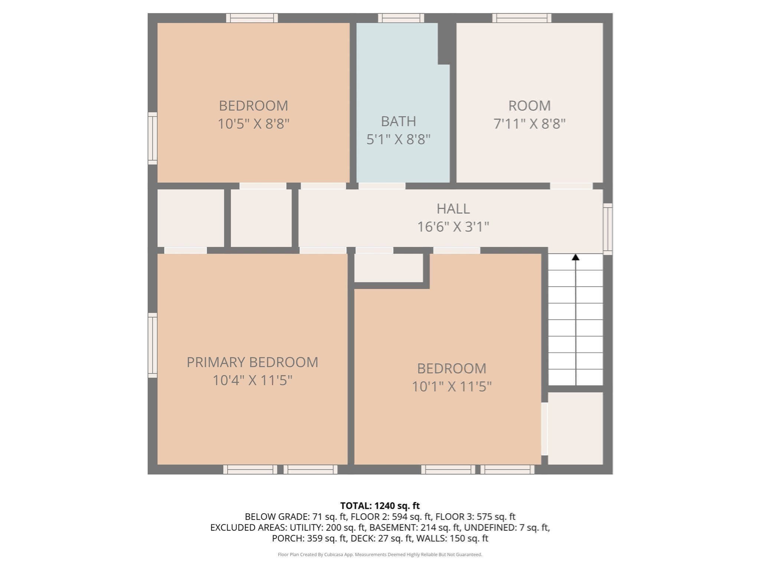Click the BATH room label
[x=398, y=121]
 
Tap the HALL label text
[x=453, y=209]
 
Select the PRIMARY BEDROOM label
[x=252, y=362]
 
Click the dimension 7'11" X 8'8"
[x=529, y=124]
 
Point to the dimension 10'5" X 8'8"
[x=253, y=124]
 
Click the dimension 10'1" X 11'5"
[x=452, y=387]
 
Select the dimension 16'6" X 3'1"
[x=453, y=227]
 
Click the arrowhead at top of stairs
[x=575, y=257]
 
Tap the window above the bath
[x=401, y=18]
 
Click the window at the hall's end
[x=607, y=229]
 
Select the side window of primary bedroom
[x=153, y=345]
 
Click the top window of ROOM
[x=521, y=18]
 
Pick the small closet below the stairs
[x=575, y=428]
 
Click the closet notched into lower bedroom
[x=389, y=268]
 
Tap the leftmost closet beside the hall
[x=190, y=218]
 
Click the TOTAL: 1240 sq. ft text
[x=380, y=506]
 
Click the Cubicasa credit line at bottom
[x=380, y=555]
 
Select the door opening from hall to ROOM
[x=571, y=186]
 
